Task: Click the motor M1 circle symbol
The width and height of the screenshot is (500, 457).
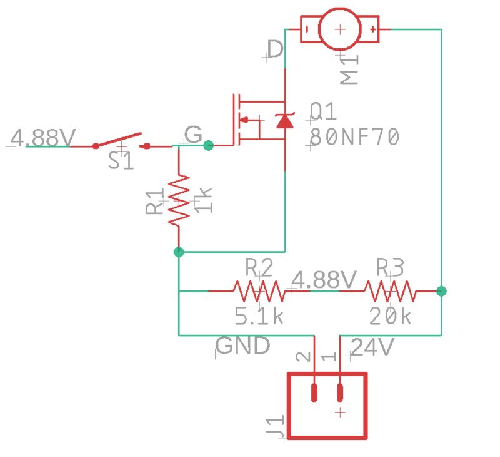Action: pos(340,29)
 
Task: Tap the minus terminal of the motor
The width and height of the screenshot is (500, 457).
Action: pos(309,29)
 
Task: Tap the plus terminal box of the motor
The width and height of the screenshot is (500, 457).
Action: pos(371,29)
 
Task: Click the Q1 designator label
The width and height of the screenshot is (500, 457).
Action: pos(323,113)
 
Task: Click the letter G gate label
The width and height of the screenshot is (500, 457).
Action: pos(194,135)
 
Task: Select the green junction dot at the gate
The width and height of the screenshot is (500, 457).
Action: pos(209,146)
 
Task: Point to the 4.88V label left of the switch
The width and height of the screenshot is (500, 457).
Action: pos(44,137)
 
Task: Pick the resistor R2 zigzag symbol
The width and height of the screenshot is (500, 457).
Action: pos(259,291)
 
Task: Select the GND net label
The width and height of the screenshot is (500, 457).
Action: pos(242,346)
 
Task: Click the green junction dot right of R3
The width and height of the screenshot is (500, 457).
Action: pos(441,291)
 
